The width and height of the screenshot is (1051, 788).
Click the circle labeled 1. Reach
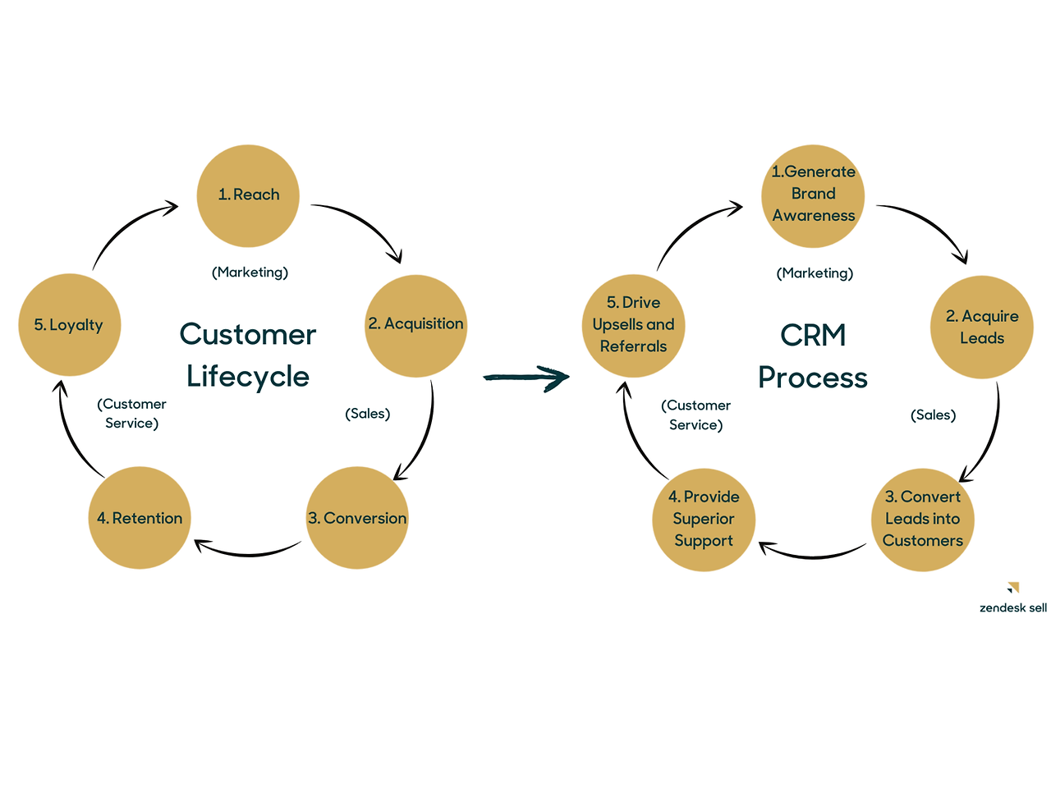click(x=248, y=196)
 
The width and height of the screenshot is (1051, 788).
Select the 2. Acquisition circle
click(x=415, y=325)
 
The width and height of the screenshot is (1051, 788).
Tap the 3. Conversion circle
click(x=357, y=518)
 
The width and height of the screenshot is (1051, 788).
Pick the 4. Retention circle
click(x=140, y=518)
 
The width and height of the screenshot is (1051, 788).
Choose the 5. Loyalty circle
click(x=70, y=325)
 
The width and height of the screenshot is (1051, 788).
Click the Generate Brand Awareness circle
click(x=813, y=196)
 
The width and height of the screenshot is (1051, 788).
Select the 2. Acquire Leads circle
click(x=981, y=327)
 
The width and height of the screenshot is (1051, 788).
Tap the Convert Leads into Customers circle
click(x=923, y=520)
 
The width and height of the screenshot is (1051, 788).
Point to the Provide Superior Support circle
click(x=704, y=520)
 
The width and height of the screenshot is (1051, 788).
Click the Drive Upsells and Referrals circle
click(x=633, y=325)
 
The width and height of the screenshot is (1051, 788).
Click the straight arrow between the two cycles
click(x=525, y=378)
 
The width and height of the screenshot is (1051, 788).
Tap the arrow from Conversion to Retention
click(x=246, y=552)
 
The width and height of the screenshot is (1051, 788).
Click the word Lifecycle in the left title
click(x=248, y=377)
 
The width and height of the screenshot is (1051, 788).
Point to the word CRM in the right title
click(x=813, y=335)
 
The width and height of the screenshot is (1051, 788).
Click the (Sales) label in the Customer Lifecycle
click(x=367, y=414)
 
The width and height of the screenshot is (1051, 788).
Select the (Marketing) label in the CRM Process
click(x=815, y=273)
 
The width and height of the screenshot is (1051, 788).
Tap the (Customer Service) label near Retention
click(x=131, y=414)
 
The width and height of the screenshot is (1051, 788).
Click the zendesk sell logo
click(x=1013, y=599)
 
